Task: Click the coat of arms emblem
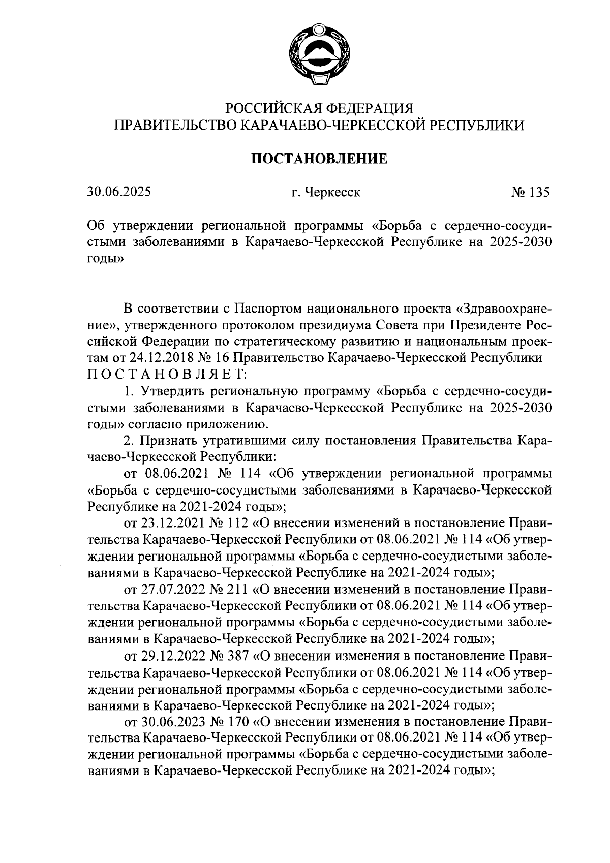(319, 56)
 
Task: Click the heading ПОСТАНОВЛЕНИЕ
(319, 159)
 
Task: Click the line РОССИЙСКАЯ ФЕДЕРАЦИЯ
(319, 108)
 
